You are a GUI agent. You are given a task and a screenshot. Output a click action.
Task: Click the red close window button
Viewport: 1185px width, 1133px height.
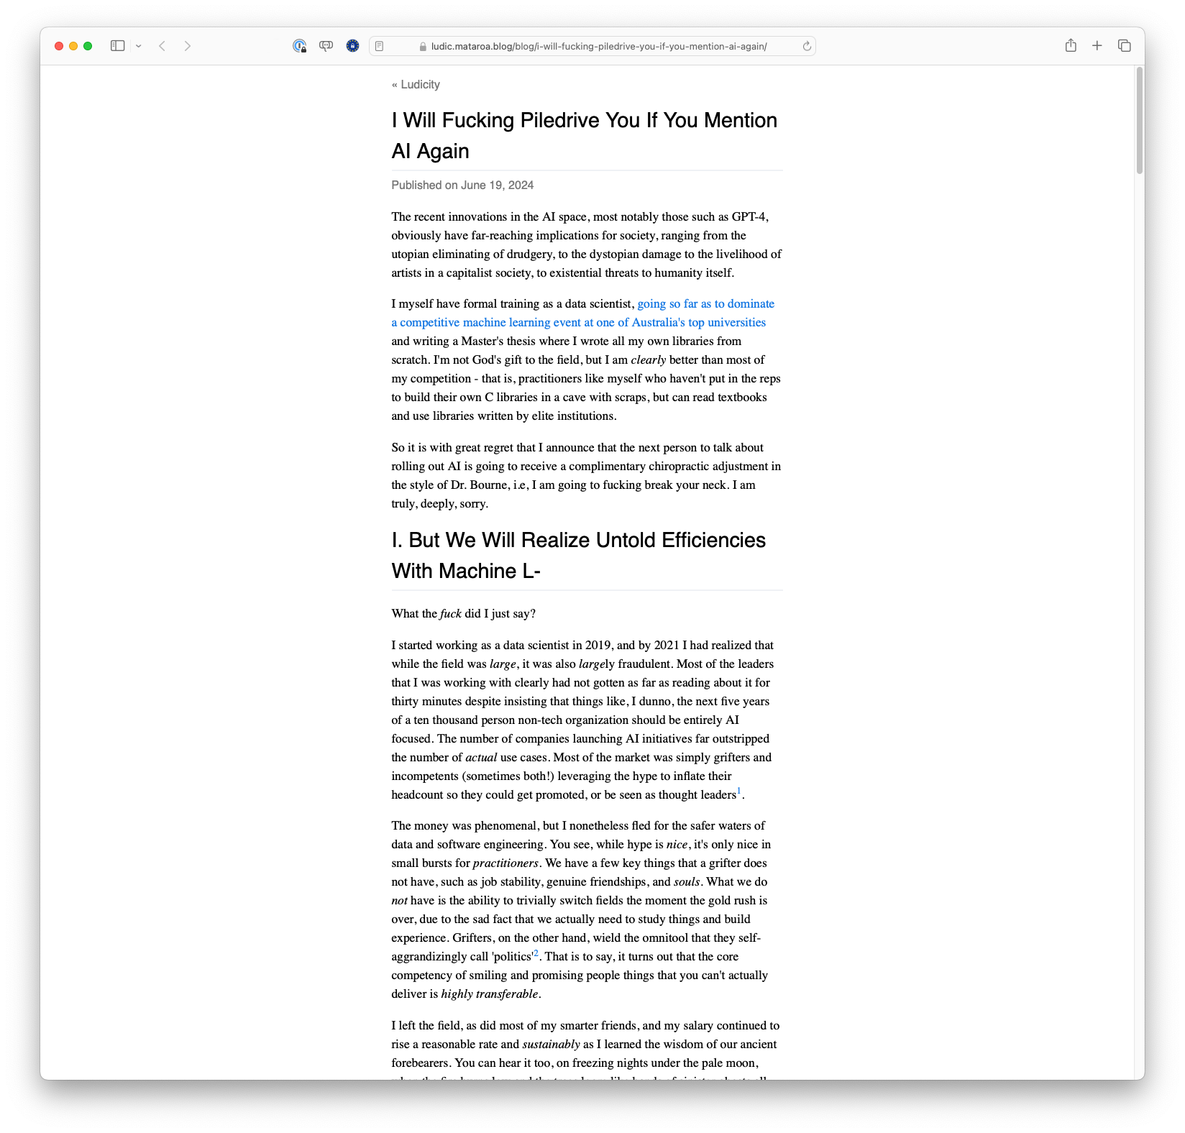tap(59, 46)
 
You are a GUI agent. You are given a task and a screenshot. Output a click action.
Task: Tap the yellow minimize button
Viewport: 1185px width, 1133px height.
tap(73, 46)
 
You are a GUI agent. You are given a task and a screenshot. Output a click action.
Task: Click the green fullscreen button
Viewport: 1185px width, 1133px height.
tap(88, 46)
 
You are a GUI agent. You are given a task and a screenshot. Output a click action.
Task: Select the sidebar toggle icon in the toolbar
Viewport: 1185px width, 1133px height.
tap(117, 46)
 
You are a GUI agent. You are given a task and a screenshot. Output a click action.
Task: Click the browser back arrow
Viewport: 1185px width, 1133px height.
tap(163, 46)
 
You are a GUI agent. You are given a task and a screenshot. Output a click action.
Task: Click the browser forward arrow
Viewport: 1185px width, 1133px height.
tap(188, 46)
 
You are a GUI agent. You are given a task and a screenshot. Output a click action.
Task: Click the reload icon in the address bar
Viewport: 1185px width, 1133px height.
tap(807, 46)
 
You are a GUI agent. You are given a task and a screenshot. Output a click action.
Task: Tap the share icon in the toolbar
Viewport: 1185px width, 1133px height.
tap(1071, 46)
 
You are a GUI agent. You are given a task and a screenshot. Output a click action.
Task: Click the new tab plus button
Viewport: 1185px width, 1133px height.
tap(1097, 46)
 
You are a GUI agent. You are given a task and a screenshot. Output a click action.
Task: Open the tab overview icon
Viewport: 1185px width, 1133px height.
tap(1125, 46)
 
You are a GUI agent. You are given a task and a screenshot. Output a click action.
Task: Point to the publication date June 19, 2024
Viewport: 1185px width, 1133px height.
tap(497, 185)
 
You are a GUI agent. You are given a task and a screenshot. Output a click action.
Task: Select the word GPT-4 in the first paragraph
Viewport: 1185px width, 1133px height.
tap(749, 217)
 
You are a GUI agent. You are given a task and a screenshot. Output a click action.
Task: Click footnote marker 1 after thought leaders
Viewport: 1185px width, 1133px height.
tap(738, 792)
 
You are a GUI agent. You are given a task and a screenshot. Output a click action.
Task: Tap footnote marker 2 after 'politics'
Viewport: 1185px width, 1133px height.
tap(536, 953)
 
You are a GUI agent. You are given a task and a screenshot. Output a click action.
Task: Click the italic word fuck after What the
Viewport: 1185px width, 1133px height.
tap(451, 614)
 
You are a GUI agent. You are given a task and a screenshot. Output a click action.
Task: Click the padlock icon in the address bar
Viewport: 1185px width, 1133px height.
tap(423, 47)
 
